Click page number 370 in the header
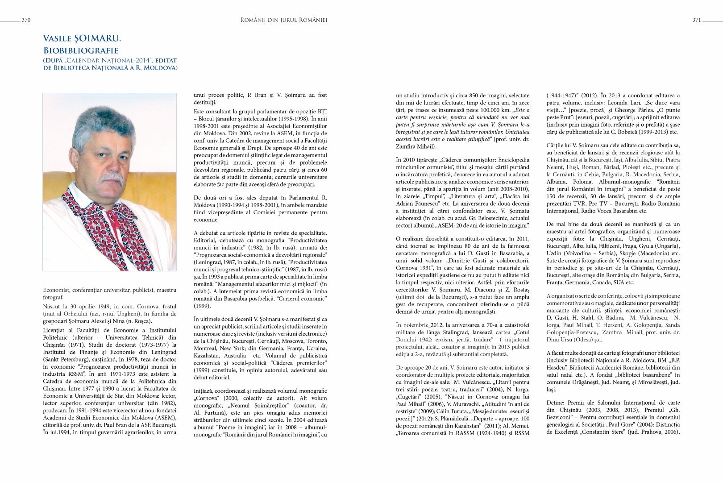26,20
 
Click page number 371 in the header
696,20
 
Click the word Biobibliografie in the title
81,50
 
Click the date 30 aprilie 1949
87,307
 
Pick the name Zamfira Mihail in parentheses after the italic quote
415,146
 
